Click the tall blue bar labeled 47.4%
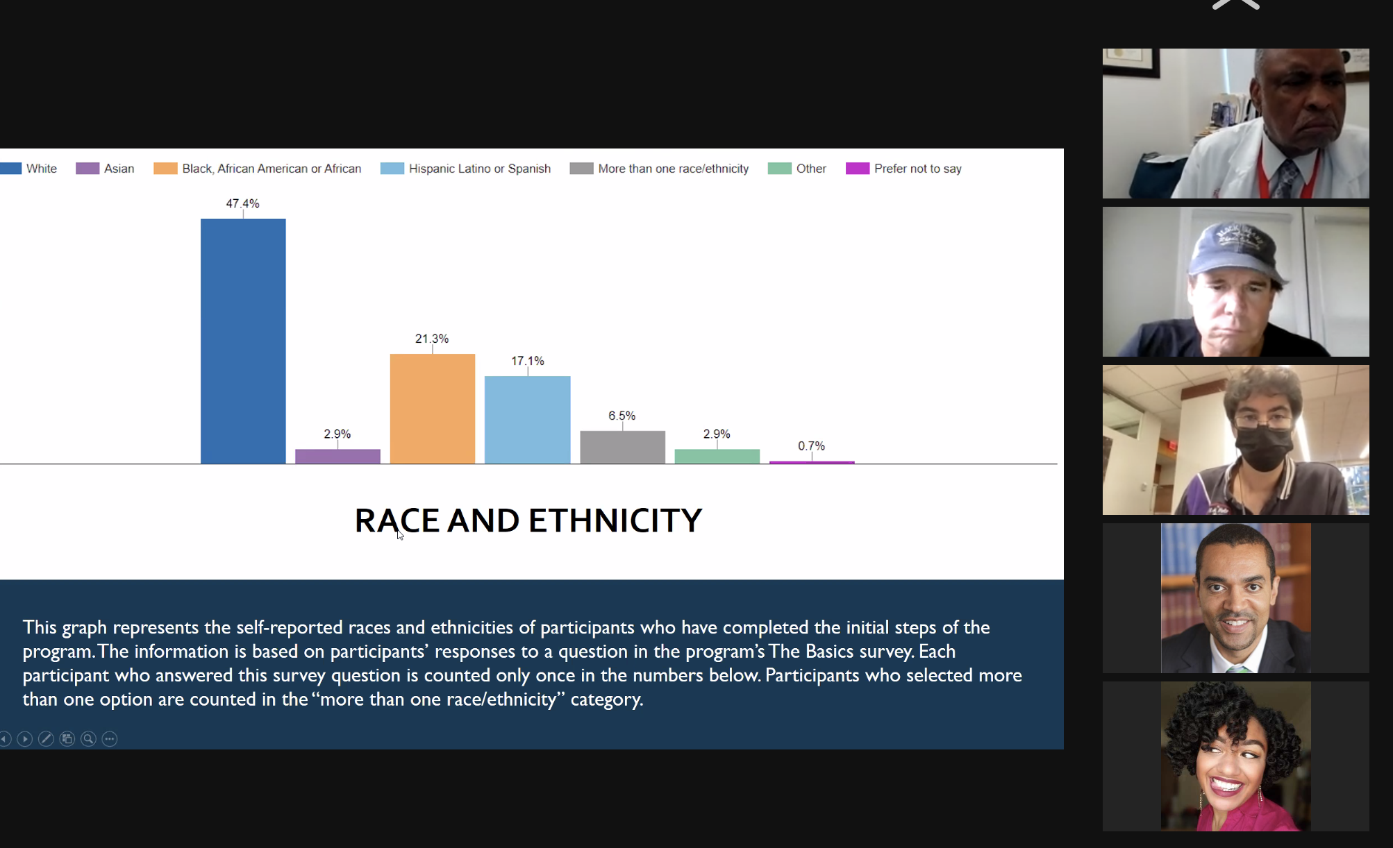[243, 341]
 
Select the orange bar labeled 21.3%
[433, 409]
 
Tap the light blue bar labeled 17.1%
[528, 420]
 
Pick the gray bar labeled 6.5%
[623, 447]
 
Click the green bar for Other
[717, 456]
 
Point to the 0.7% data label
[811, 446]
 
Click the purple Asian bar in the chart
[338, 456]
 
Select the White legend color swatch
[10, 169]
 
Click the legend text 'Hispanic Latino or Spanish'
[480, 169]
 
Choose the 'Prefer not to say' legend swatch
[858, 169]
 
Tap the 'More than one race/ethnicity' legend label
[674, 169]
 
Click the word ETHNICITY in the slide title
[615, 520]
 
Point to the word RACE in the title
[397, 520]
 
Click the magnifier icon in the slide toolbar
[88, 739]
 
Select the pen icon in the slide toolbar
[46, 739]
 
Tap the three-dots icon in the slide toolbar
[110, 739]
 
